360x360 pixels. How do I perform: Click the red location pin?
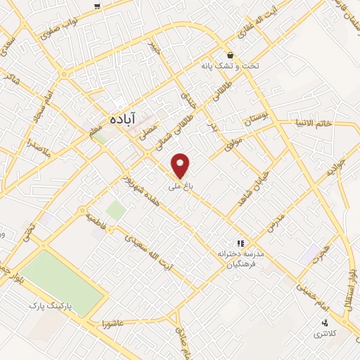click(181, 166)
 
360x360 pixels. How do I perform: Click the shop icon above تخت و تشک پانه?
click(229, 56)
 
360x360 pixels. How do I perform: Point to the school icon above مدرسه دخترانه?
click(240, 241)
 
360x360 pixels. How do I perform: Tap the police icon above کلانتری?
click(324, 322)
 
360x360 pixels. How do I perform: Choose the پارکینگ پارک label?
click(51, 307)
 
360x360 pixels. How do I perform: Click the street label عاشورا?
click(112, 324)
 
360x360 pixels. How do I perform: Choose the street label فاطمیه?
click(96, 218)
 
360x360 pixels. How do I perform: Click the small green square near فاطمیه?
click(115, 210)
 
